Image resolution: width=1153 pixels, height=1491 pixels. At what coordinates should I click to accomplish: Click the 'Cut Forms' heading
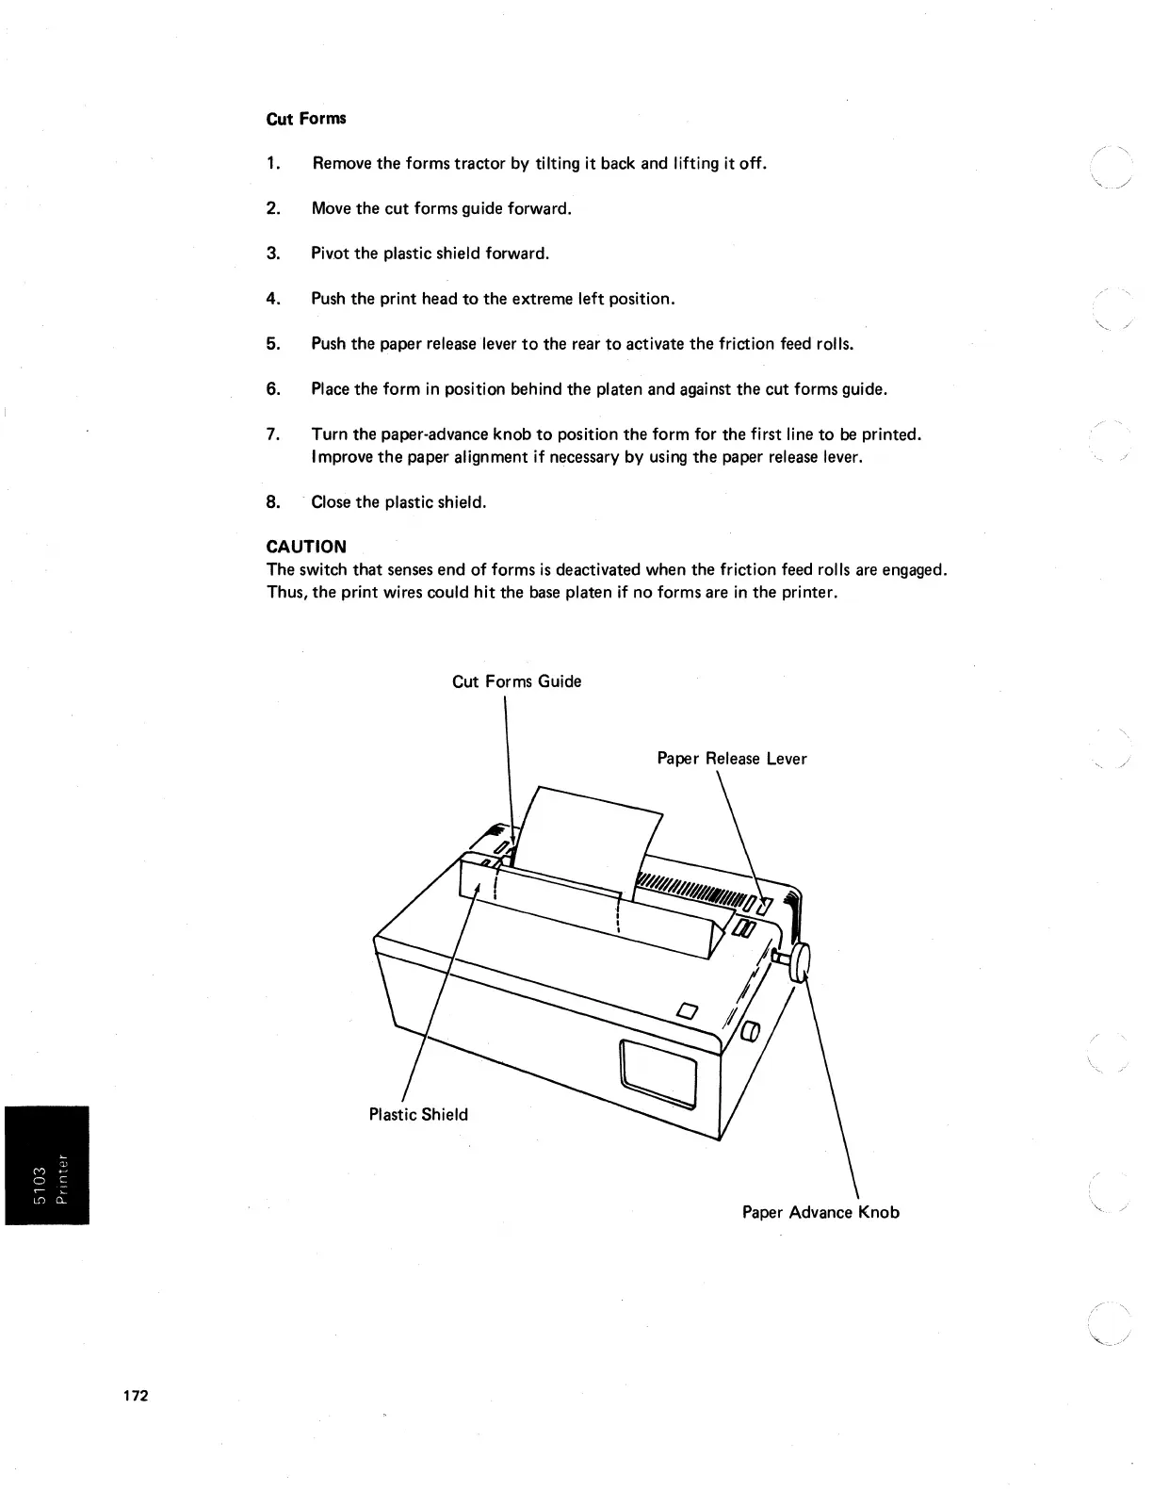[306, 119]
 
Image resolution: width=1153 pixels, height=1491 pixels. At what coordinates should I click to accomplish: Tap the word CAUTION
[306, 547]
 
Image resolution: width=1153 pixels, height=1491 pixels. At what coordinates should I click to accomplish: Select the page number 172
[136, 1396]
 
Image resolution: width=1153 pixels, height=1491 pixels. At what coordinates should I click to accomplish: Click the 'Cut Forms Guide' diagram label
[516, 681]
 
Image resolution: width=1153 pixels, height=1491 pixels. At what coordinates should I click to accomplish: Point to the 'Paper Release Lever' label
[731, 759]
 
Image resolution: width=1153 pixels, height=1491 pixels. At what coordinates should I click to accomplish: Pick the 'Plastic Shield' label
[418, 1115]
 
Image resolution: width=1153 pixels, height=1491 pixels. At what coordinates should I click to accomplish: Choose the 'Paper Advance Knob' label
[820, 1212]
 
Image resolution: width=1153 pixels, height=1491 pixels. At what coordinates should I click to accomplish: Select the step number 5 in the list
[273, 344]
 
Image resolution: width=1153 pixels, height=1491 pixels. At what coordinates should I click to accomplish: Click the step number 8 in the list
[273, 502]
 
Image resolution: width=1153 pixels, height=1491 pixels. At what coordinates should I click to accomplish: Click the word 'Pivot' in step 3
[330, 254]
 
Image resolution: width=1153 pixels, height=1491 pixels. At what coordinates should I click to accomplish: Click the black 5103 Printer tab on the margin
[46, 1165]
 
